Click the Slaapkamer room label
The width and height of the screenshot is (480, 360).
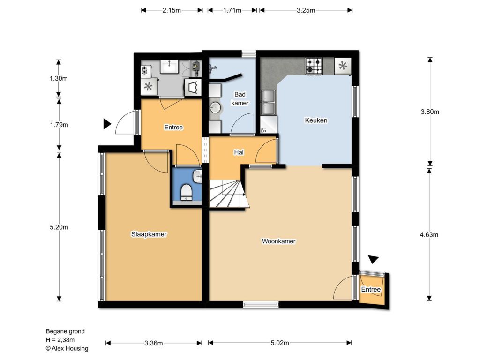(x=149, y=234)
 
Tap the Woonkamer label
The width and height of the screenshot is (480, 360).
(x=278, y=241)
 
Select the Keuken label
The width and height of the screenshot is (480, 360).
(x=316, y=120)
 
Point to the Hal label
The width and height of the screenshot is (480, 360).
(x=239, y=152)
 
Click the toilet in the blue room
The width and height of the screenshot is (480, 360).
(x=187, y=192)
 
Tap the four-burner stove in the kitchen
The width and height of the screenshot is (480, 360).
(x=314, y=66)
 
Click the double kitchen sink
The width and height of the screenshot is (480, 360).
(x=268, y=102)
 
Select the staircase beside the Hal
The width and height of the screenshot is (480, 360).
(x=228, y=194)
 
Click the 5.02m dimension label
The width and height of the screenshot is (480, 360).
(x=279, y=343)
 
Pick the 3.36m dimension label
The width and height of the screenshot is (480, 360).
(x=153, y=343)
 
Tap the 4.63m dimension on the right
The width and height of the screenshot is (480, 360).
(x=429, y=235)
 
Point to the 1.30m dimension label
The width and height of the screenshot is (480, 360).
(x=59, y=78)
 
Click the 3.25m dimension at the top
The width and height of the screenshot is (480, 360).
(x=306, y=10)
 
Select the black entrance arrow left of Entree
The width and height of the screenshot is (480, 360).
(x=107, y=124)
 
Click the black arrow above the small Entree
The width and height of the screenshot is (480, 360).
(x=374, y=259)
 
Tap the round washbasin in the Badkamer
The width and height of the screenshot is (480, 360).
(x=216, y=107)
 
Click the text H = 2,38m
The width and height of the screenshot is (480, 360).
(x=60, y=340)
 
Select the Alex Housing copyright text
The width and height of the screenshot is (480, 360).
(x=67, y=348)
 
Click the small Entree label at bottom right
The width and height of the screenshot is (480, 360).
(x=371, y=289)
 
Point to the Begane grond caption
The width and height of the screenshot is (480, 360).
(x=65, y=331)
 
